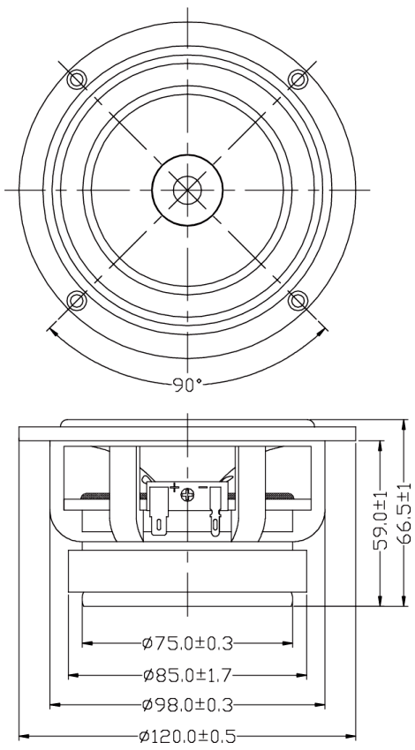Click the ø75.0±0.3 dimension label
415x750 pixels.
coord(188,644)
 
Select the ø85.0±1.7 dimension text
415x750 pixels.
coord(187,675)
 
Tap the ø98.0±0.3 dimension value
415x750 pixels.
coord(188,705)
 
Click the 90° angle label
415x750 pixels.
coord(187,385)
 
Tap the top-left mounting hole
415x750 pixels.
coord(76,79)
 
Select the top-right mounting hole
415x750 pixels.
coord(298,79)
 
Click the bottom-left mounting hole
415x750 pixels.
coord(76,301)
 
